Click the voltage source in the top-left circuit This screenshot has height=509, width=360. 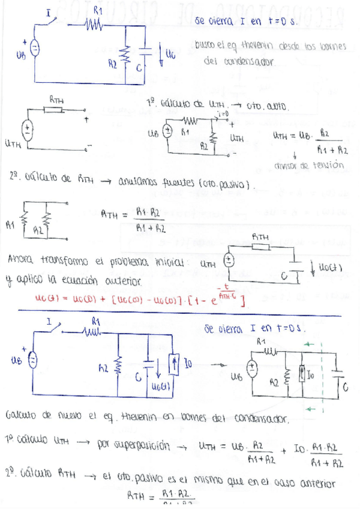[34, 49]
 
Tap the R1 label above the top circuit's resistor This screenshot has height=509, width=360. [98, 11]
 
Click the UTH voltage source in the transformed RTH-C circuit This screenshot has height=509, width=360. [229, 261]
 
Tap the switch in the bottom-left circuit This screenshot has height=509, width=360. [56, 328]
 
